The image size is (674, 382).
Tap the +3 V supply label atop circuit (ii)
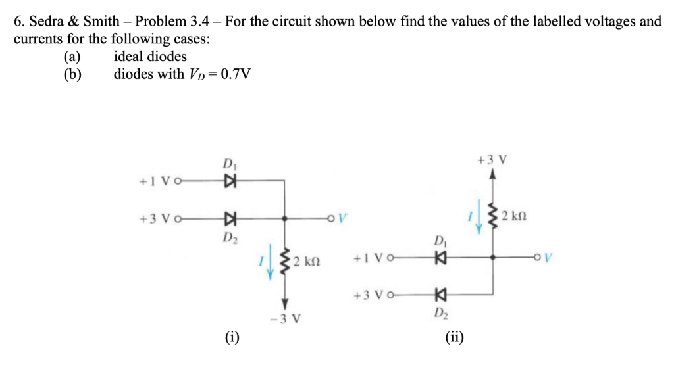(492, 160)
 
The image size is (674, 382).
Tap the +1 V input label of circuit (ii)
(367, 258)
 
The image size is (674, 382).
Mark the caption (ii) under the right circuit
(454, 338)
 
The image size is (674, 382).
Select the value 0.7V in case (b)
(236, 74)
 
